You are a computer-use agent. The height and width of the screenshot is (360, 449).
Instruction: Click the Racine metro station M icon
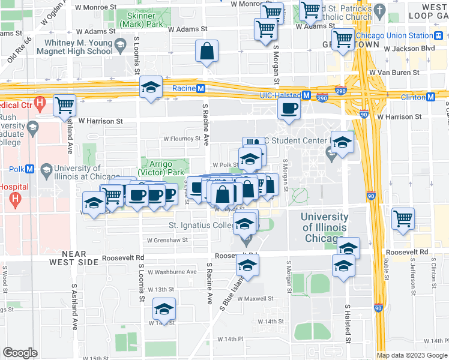202,88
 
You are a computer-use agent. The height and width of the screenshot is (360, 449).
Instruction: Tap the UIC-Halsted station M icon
306,95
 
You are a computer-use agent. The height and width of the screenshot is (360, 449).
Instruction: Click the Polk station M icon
46,170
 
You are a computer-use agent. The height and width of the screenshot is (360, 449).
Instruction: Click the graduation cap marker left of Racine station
151,87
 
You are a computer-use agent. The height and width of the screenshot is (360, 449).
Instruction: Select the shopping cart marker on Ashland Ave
64,106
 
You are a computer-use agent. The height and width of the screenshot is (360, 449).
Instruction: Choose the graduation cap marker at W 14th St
164,309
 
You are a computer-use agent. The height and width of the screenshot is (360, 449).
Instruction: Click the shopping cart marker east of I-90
403,218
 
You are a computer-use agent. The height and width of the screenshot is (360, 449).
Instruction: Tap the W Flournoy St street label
182,139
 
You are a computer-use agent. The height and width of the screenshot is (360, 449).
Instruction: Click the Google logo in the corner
20,353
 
